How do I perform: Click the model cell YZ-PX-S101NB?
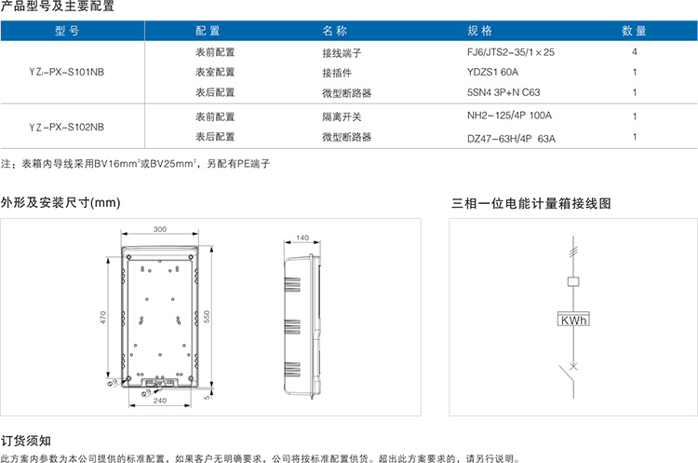[66, 72]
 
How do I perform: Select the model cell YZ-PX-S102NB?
[66, 127]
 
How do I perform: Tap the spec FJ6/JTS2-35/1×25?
[511, 52]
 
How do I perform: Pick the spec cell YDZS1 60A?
[492, 72]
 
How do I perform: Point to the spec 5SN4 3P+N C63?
[503, 92]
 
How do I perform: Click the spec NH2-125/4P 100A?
[509, 116]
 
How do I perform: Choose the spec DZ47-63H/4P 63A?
[511, 139]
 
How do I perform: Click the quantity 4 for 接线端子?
[635, 51]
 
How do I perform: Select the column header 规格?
[479, 31]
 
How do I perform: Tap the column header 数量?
[634, 31]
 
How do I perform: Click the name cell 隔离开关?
[342, 116]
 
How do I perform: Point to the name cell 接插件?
[337, 73]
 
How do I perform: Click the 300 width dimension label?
[160, 229]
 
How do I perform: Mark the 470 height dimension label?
[102, 318]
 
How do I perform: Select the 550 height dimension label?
[207, 317]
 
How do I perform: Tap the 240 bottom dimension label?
[160, 401]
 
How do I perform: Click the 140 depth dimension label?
[302, 238]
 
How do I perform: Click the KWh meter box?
[573, 319]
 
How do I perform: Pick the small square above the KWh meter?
[573, 281]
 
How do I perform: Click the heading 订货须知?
[26, 441]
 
